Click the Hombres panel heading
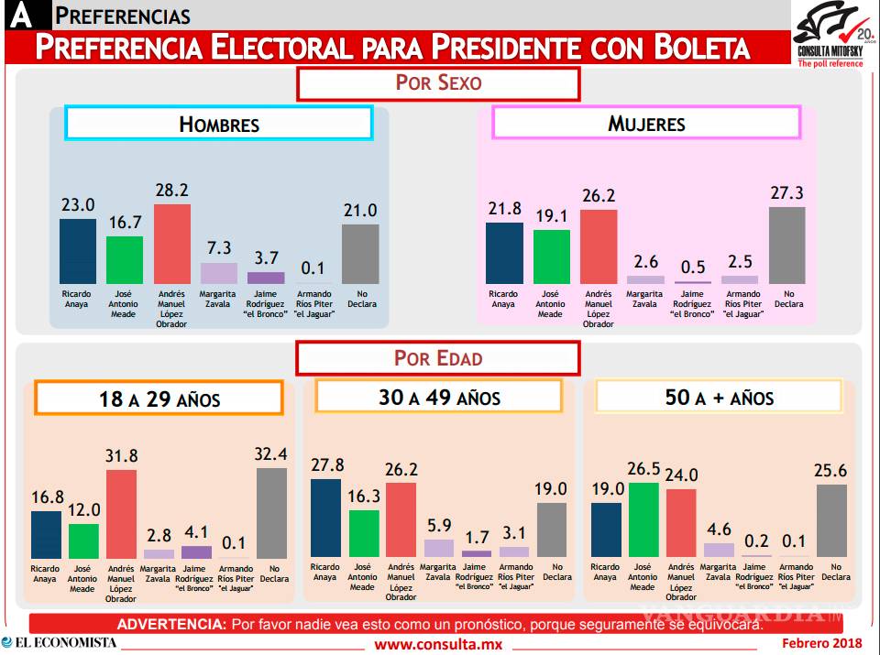click(x=218, y=124)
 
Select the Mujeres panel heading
click(x=647, y=123)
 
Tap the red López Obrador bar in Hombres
click(x=172, y=245)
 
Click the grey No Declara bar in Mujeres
click(x=786, y=246)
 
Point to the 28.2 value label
click(x=172, y=190)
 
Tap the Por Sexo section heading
click(x=438, y=82)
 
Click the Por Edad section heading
click(x=438, y=357)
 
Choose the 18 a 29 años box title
click(x=159, y=398)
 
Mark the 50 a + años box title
click(x=719, y=397)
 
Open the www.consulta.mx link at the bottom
click(x=439, y=644)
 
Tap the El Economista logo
click(x=60, y=642)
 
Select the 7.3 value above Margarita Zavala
click(x=219, y=248)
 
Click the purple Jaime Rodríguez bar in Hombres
click(x=266, y=278)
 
